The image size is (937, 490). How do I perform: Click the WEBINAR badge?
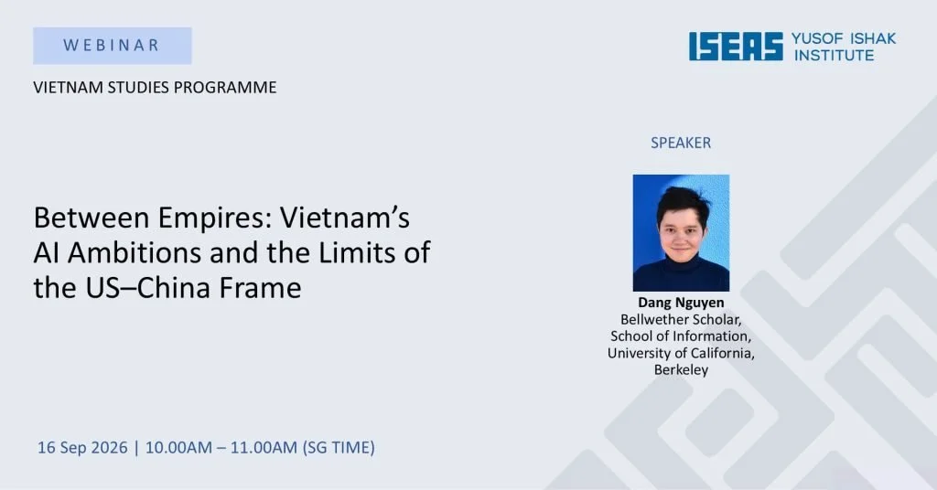(113, 46)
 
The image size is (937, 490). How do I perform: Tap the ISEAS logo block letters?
(736, 47)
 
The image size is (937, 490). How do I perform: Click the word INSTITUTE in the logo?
(834, 56)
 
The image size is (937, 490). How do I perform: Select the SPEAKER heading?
(681, 143)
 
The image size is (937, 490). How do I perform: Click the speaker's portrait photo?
(681, 233)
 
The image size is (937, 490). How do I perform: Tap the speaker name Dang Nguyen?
(681, 302)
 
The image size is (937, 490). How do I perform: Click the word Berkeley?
(681, 369)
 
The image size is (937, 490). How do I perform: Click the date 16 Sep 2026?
(82, 448)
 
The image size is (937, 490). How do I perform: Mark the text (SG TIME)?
(339, 448)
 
